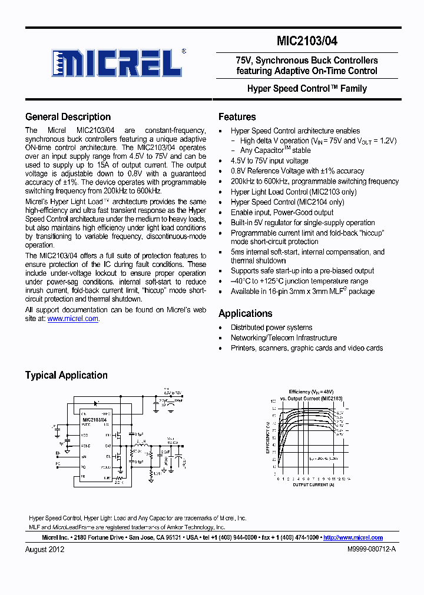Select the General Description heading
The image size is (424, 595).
pyautogui.click(x=68, y=117)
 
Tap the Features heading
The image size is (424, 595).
pyautogui.click(x=237, y=117)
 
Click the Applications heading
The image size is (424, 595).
pyautogui.click(x=245, y=313)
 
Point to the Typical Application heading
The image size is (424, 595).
pyautogui.click(x=66, y=375)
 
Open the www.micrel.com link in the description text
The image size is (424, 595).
pyautogui.click(x=72, y=319)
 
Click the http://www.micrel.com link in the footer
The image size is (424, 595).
pyautogui.click(x=353, y=537)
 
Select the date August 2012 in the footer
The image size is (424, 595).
pyautogui.click(x=45, y=550)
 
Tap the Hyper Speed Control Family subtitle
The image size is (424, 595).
pyautogui.click(x=307, y=89)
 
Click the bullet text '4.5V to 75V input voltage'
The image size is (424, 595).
pyautogui.click(x=269, y=161)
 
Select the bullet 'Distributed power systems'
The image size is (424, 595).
pyautogui.click(x=271, y=327)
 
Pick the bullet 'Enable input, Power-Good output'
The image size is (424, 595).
pyautogui.click(x=282, y=212)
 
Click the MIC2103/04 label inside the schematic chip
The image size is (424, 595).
pyautogui.click(x=94, y=419)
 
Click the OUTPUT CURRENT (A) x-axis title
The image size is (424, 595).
pyautogui.click(x=314, y=485)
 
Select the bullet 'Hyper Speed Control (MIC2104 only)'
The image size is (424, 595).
pyautogui.click(x=287, y=202)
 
